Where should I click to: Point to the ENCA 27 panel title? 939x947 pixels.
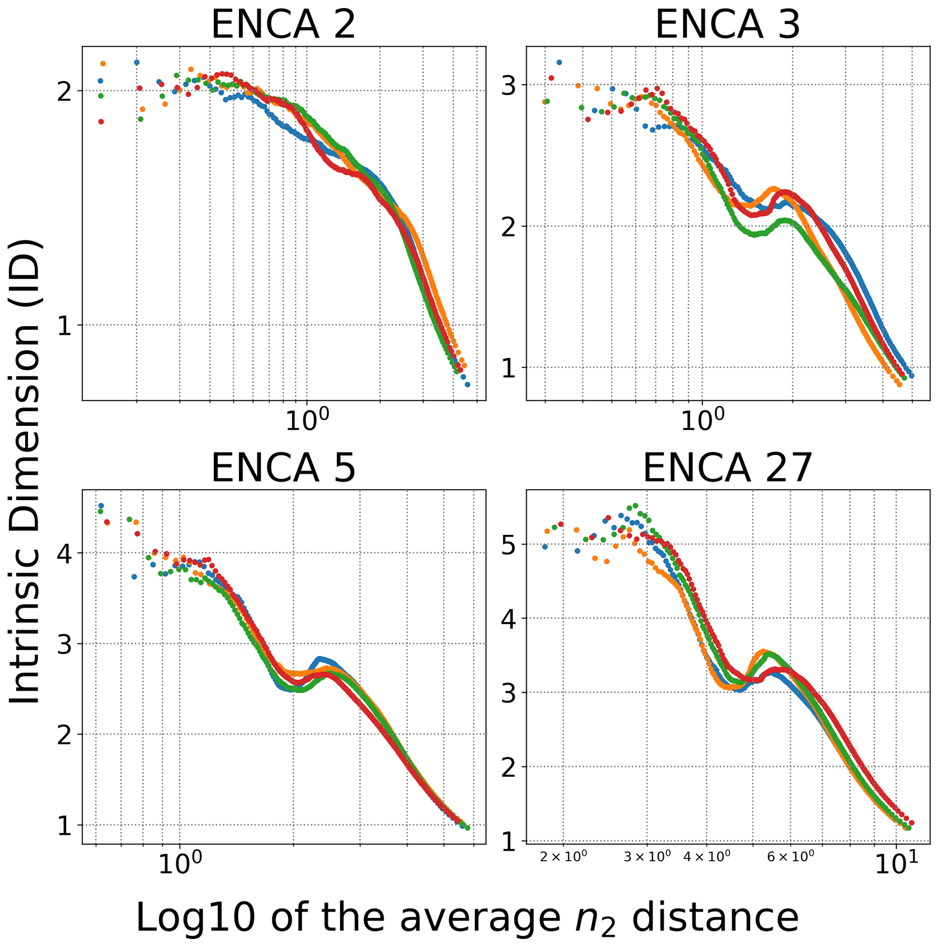727,468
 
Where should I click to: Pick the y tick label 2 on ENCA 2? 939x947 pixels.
64,91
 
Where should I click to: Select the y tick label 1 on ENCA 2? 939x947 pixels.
64,325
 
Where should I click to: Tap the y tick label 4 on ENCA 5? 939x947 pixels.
64,553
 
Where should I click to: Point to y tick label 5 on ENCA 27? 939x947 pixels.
509,544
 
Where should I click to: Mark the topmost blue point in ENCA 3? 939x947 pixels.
559,62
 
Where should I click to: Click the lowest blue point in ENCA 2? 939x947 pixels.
467,385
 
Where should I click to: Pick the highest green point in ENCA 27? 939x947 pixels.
635,505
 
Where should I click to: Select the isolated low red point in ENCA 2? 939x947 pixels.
101,122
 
